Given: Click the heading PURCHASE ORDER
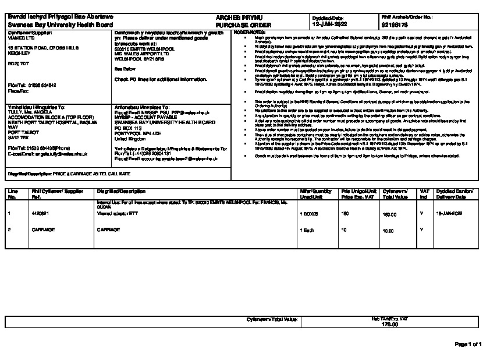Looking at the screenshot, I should tap(236, 26).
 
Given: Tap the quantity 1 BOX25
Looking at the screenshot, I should tap(310, 214).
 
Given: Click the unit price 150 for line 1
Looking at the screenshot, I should tap(345, 214).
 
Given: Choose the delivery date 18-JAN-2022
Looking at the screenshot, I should tap(449, 214).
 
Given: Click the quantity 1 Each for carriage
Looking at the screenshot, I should tap(306, 230).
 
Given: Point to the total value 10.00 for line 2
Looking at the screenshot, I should tap(387, 230).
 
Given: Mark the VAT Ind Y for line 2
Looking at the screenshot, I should tap(421, 230).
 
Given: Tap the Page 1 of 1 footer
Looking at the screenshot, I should tap(468, 344).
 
